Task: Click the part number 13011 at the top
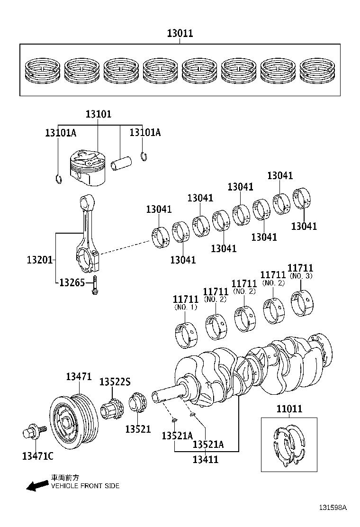click(x=180, y=34)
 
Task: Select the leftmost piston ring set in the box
click(x=41, y=70)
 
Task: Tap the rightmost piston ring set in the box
click(x=317, y=70)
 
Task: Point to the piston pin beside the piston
click(x=121, y=163)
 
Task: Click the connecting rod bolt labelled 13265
click(x=96, y=284)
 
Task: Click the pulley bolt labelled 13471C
click(x=34, y=432)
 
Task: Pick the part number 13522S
click(x=115, y=382)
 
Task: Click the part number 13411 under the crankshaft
click(x=206, y=459)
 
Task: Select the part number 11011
click(x=289, y=409)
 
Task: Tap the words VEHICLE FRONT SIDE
click(x=85, y=486)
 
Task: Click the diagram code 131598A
click(x=332, y=508)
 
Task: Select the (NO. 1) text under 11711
click(x=186, y=308)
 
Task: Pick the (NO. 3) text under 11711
click(x=301, y=276)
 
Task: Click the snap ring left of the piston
click(x=58, y=179)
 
